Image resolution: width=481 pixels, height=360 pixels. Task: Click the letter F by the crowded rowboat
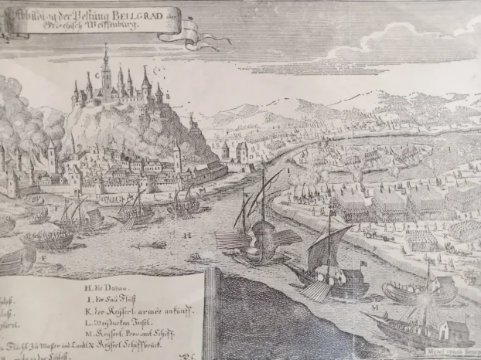click(x=45, y=254)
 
